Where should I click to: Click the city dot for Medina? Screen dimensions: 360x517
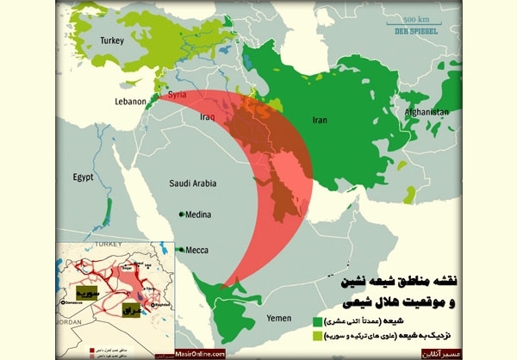(182, 214)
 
